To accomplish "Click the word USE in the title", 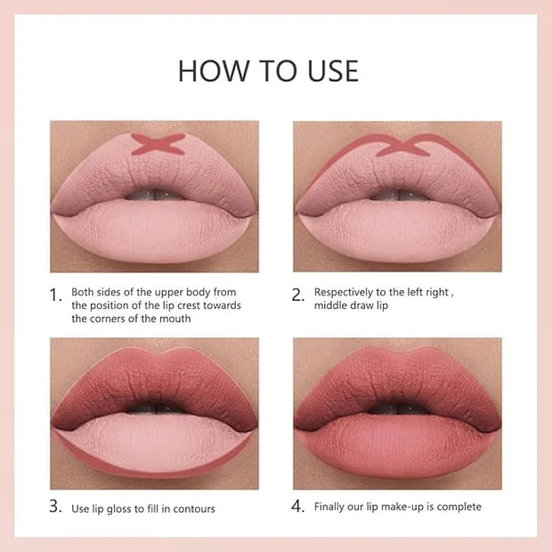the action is click(333, 71).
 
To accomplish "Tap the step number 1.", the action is click(55, 295).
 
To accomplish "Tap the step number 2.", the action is click(298, 295).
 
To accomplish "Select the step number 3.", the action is click(55, 507).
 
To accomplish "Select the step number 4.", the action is click(298, 507).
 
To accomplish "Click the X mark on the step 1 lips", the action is click(158, 144).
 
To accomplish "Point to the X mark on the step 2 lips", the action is click(403, 145).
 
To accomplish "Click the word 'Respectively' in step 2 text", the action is click(344, 293).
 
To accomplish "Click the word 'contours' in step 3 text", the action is click(194, 509).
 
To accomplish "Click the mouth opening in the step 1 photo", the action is click(154, 194).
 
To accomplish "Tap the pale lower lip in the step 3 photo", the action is click(154, 444).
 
